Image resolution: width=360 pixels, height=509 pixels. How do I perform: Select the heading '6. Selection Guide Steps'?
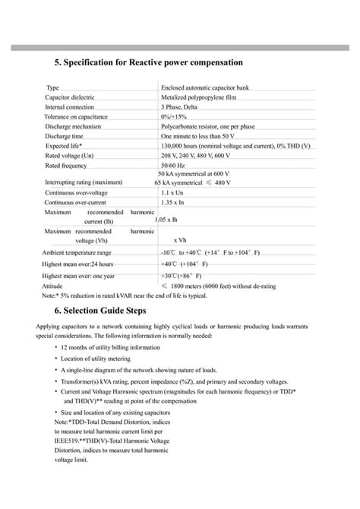pos(112,311)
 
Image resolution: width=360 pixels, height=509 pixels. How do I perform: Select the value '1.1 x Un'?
pos(176,193)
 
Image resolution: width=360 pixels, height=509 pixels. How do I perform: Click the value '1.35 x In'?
pos(177,203)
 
